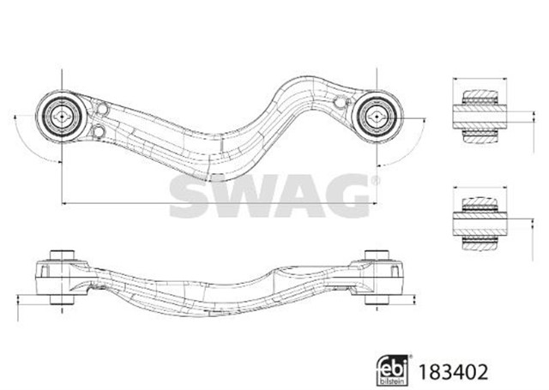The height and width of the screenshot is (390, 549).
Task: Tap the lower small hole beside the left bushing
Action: pos(100,130)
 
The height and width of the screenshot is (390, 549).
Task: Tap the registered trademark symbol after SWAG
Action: pos(374,181)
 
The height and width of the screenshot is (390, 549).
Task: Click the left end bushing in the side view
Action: pos(61,274)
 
